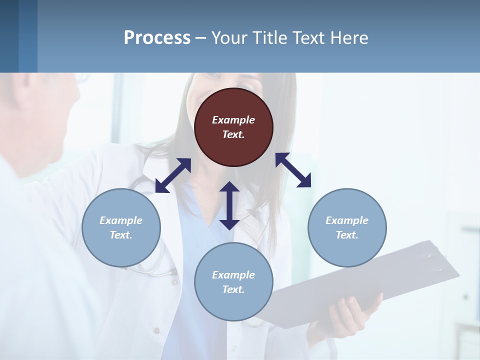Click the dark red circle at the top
click(x=233, y=127)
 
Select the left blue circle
click(x=121, y=227)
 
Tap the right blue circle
click(x=347, y=227)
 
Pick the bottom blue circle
click(x=233, y=282)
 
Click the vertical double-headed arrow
click(x=229, y=205)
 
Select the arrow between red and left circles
click(x=173, y=175)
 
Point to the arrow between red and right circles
click(x=293, y=170)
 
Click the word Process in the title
click(x=157, y=37)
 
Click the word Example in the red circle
click(x=233, y=120)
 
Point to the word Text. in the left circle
click(x=121, y=235)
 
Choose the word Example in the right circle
click(x=347, y=220)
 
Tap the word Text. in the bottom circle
click(x=233, y=289)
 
